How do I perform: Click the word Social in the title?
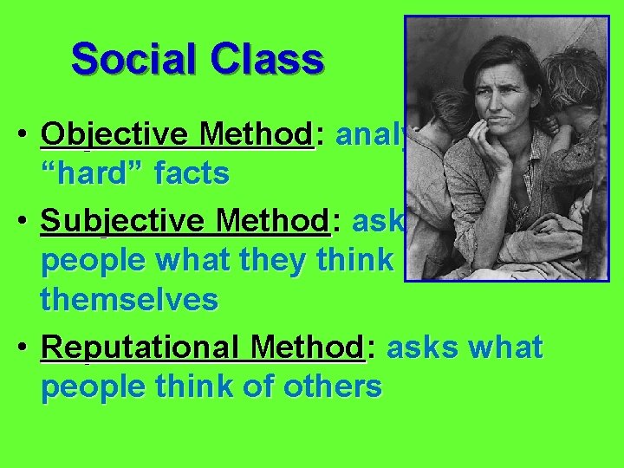tap(123, 60)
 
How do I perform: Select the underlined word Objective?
tap(114, 136)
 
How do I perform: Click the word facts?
tap(192, 174)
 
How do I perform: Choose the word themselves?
tap(129, 300)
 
